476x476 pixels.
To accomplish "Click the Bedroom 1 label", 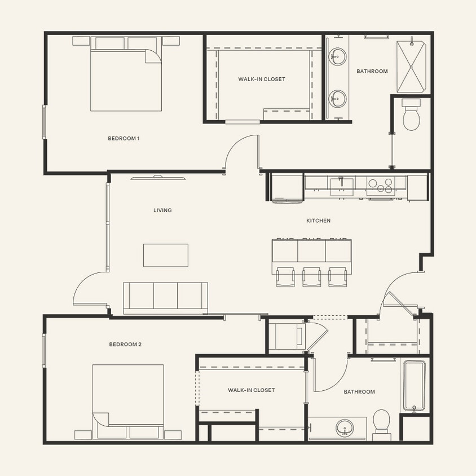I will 124,138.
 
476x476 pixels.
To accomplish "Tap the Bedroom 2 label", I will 125,345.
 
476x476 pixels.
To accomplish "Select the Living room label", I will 162,210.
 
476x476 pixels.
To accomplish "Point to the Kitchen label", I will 318,221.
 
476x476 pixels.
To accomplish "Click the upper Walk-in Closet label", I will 262,80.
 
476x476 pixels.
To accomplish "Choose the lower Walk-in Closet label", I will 251,390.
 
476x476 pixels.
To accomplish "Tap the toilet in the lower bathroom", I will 382,423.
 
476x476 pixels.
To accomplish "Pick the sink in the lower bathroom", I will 345,428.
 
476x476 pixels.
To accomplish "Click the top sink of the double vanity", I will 338,56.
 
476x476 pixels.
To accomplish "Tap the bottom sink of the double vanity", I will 338,99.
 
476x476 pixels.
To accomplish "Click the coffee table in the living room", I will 165,255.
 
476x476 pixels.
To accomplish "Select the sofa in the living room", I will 165,297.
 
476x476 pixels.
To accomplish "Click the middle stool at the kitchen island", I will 312,276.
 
